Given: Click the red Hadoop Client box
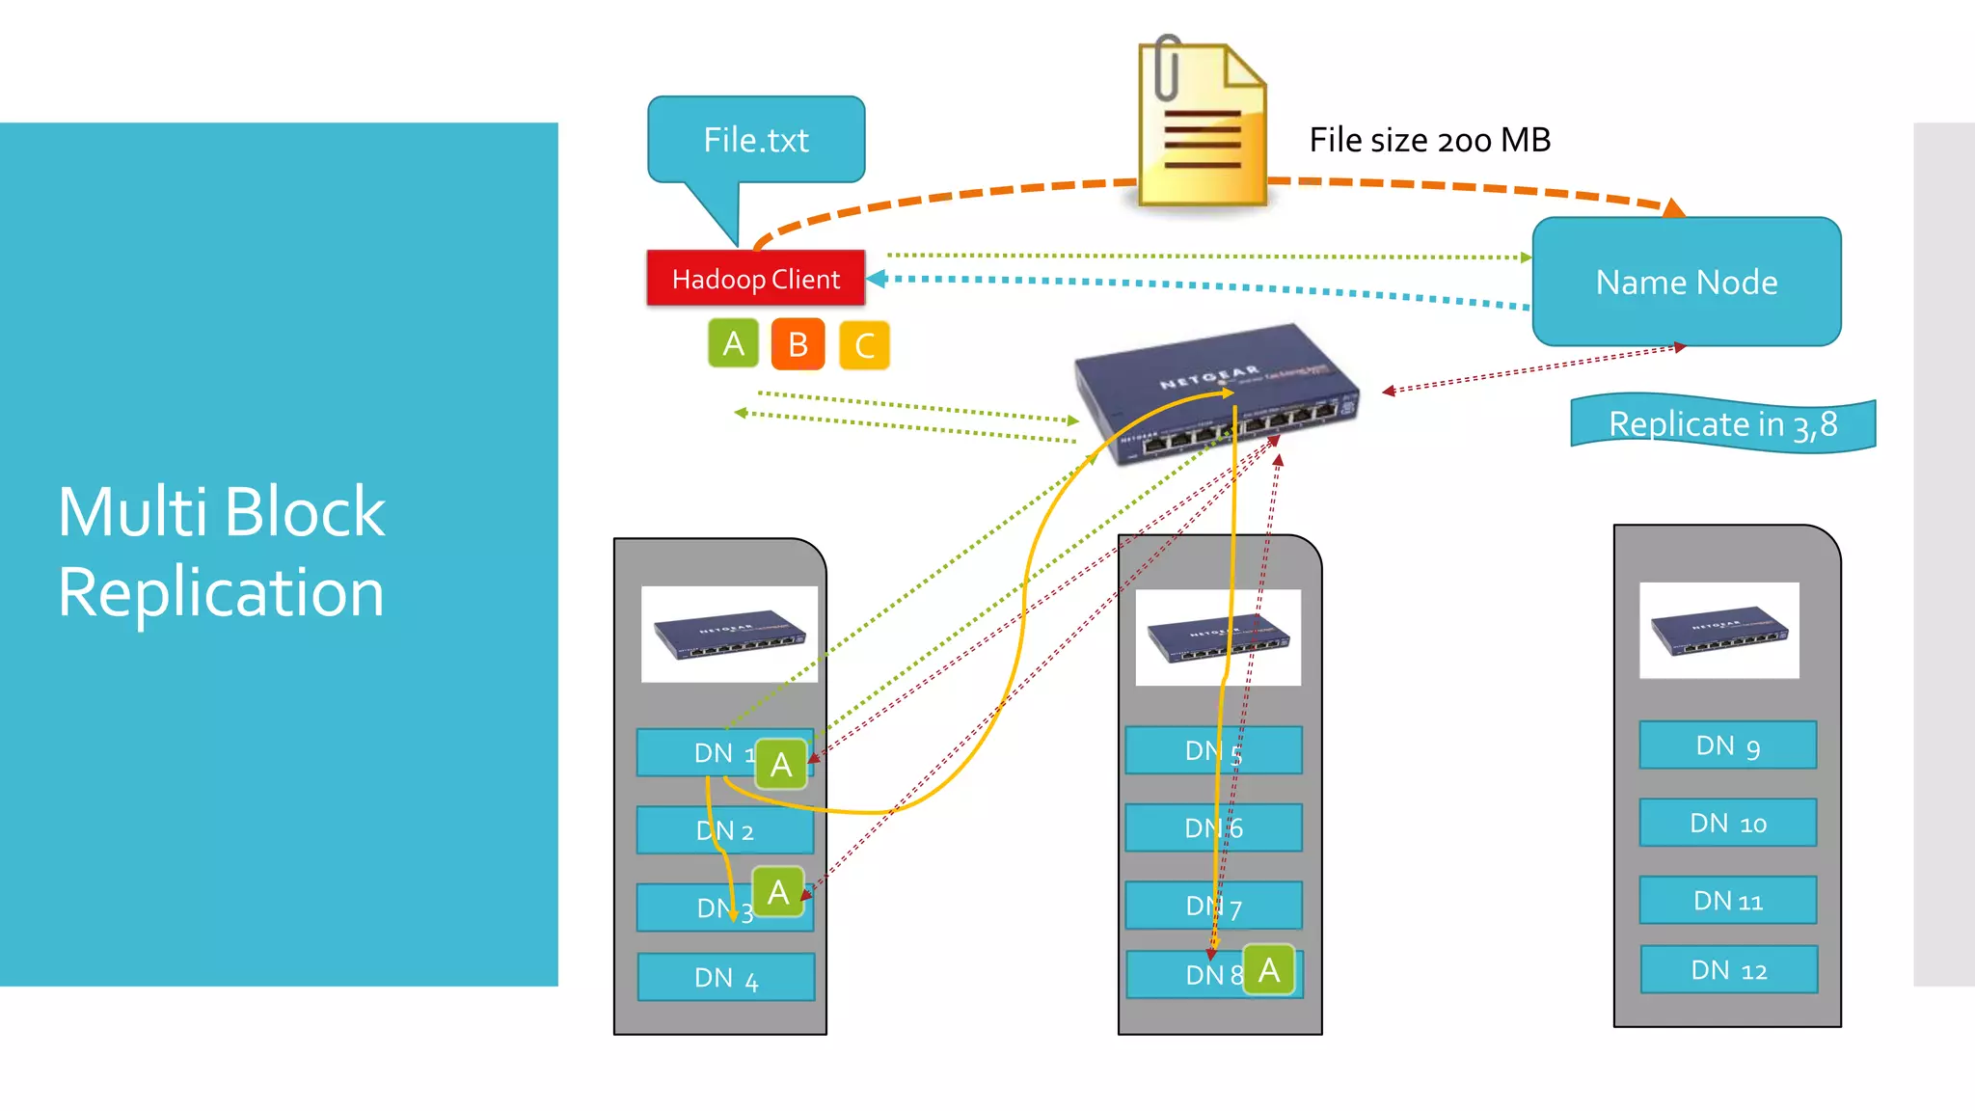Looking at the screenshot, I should (x=755, y=279).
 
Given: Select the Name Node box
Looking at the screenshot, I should (x=1686, y=282).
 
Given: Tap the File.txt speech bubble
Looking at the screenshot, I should (x=756, y=141).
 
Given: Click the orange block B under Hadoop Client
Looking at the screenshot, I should (x=798, y=344).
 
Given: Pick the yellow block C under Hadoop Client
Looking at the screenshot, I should (x=864, y=345).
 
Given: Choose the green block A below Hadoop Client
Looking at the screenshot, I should (x=733, y=343).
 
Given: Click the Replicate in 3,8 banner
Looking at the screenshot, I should (x=1722, y=424).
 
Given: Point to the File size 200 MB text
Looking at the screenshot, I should (x=1429, y=141).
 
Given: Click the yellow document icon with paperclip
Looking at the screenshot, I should (x=1202, y=125).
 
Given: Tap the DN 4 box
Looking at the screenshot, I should (x=725, y=978).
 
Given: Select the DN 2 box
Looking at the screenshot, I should (x=724, y=830).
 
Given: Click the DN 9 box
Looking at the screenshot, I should (x=1727, y=745).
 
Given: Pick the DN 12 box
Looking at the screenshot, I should (x=1728, y=970).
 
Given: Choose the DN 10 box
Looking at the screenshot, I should (x=1727, y=824).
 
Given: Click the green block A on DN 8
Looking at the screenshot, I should (x=1268, y=969).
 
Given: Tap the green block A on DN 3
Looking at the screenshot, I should (x=777, y=892).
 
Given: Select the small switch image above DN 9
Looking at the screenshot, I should (x=1718, y=631).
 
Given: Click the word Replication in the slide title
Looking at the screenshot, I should (x=221, y=592).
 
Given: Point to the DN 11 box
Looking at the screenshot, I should (x=1727, y=901).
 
